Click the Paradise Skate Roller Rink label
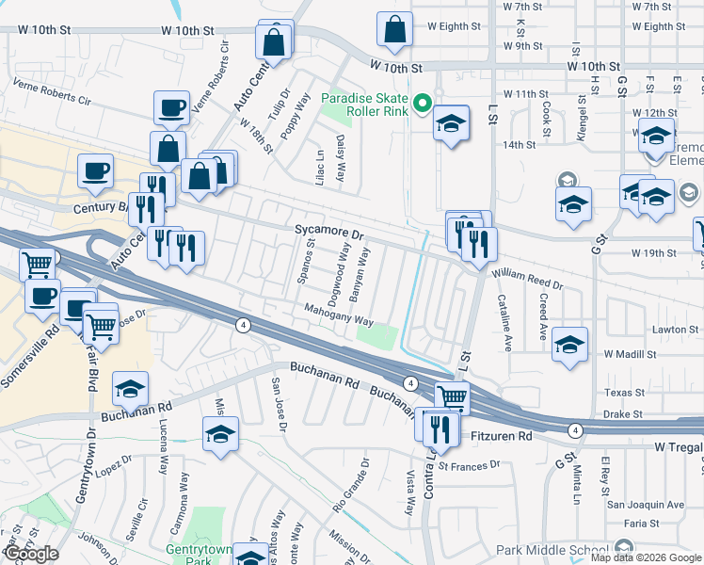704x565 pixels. click(365, 107)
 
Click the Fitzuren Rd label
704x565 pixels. click(502, 437)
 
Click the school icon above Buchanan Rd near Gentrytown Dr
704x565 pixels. click(131, 387)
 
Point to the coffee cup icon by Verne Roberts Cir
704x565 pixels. click(171, 107)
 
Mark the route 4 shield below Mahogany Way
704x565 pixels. click(244, 325)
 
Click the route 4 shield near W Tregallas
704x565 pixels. click(574, 429)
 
